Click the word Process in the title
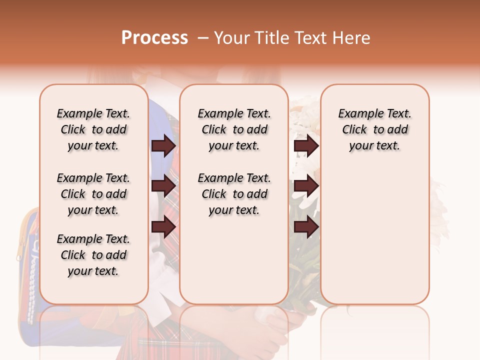(x=154, y=38)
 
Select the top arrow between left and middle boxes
(x=163, y=146)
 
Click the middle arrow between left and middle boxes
(x=163, y=186)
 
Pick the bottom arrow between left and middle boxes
(x=163, y=226)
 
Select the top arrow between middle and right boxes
(x=306, y=146)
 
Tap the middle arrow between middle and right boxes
(x=306, y=186)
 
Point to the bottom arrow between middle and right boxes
(x=306, y=226)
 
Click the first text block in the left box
(x=93, y=129)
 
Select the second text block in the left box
(x=93, y=194)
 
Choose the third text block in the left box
(x=93, y=255)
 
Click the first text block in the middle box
(x=234, y=129)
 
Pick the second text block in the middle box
(x=234, y=194)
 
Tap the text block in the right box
(x=375, y=129)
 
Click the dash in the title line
(x=203, y=38)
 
